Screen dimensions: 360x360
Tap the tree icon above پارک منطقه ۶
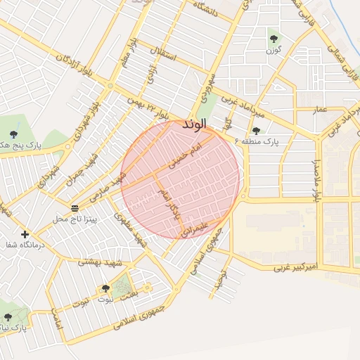pyautogui.click(x=255, y=130)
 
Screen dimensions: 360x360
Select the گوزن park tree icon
pyautogui.click(x=274, y=39)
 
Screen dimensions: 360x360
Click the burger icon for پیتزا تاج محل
pyautogui.click(x=75, y=208)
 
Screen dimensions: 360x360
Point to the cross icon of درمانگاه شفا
pyautogui.click(x=25, y=234)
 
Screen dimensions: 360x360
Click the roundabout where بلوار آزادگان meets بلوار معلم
pyautogui.click(x=110, y=86)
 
